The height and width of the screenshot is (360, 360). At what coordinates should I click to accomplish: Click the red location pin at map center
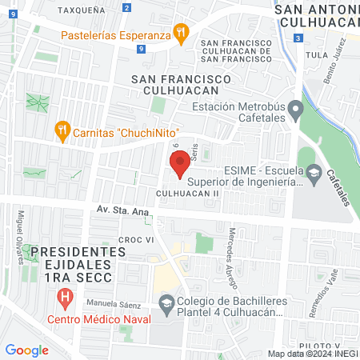click(x=180, y=165)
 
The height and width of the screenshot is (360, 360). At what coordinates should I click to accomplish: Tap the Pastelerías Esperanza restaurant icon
click(x=182, y=33)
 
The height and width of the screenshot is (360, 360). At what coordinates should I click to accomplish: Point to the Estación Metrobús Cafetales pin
click(x=295, y=107)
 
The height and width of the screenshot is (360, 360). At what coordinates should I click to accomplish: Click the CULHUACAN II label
click(x=188, y=194)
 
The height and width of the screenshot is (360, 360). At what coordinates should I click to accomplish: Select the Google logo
click(x=26, y=350)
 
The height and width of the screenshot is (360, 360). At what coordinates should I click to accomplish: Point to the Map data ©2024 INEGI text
click(x=312, y=354)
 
